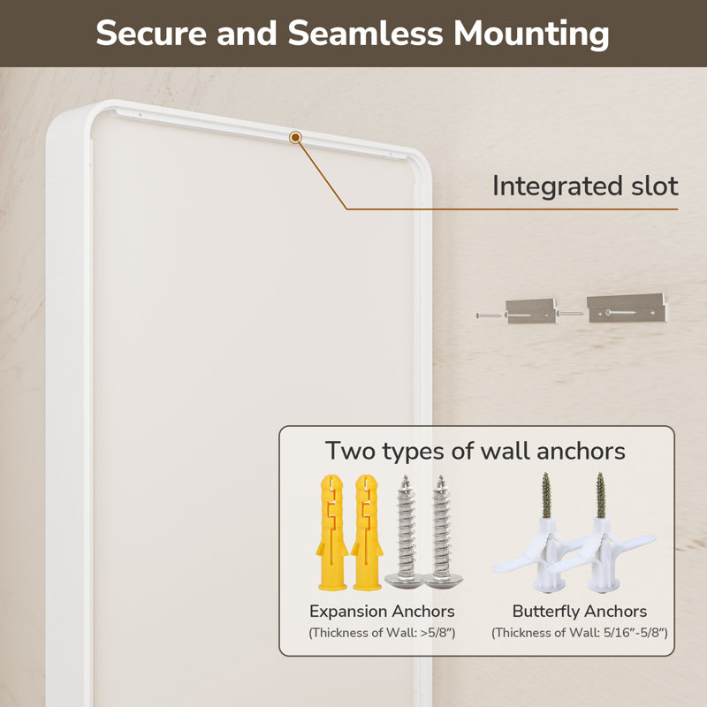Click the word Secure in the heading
151,33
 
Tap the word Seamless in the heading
365,33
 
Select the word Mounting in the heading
531,34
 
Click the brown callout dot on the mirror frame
295,137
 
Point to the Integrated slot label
585,186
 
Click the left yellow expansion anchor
332,532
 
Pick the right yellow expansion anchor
368,532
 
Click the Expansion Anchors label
382,612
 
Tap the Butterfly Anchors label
580,612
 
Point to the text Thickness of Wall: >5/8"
382,633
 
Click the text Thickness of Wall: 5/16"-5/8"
580,633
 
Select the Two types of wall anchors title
475,451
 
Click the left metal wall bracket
529,311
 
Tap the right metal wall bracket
627,308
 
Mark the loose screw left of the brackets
489,315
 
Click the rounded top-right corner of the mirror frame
421,163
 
